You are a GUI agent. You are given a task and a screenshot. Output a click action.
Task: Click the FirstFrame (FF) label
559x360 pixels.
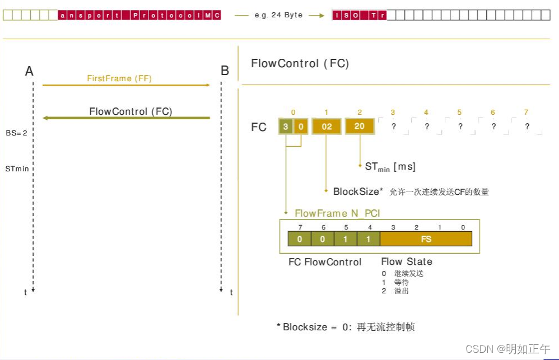coord(119,78)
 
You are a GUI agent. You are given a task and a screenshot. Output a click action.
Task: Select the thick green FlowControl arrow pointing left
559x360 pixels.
coord(127,118)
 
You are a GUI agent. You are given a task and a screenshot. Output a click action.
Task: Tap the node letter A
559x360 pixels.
coord(29,71)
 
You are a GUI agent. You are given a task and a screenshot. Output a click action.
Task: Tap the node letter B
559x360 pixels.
coord(225,71)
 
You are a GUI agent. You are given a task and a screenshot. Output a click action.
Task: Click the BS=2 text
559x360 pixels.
coord(17,133)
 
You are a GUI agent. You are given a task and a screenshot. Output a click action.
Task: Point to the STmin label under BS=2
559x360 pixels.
coord(17,168)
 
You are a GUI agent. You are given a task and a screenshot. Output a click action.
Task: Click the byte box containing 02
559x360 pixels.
coord(327,127)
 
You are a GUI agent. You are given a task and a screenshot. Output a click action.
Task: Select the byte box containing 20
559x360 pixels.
coord(360,127)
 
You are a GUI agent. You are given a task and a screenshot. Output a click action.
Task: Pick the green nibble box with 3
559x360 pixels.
coord(286,127)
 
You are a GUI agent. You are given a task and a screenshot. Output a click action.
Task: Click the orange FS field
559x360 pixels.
coord(426,239)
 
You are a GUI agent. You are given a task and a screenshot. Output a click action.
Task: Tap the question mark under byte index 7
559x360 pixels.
coord(527,127)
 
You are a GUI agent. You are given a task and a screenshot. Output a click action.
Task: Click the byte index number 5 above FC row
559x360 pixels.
coord(459,113)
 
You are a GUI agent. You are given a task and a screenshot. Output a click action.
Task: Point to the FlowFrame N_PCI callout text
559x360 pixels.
coord(337,213)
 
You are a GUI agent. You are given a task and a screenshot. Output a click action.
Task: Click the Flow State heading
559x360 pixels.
coord(407,261)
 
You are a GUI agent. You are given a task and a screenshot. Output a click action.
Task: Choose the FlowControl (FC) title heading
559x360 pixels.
coord(300,63)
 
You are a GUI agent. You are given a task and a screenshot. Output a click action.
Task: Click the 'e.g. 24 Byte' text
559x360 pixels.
coord(278,15)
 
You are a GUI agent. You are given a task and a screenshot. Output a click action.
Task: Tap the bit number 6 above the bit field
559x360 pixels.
coord(323,227)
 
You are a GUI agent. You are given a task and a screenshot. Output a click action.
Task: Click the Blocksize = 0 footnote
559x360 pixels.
coord(346,327)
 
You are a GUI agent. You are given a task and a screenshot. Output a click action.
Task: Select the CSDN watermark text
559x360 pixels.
coord(508,349)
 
